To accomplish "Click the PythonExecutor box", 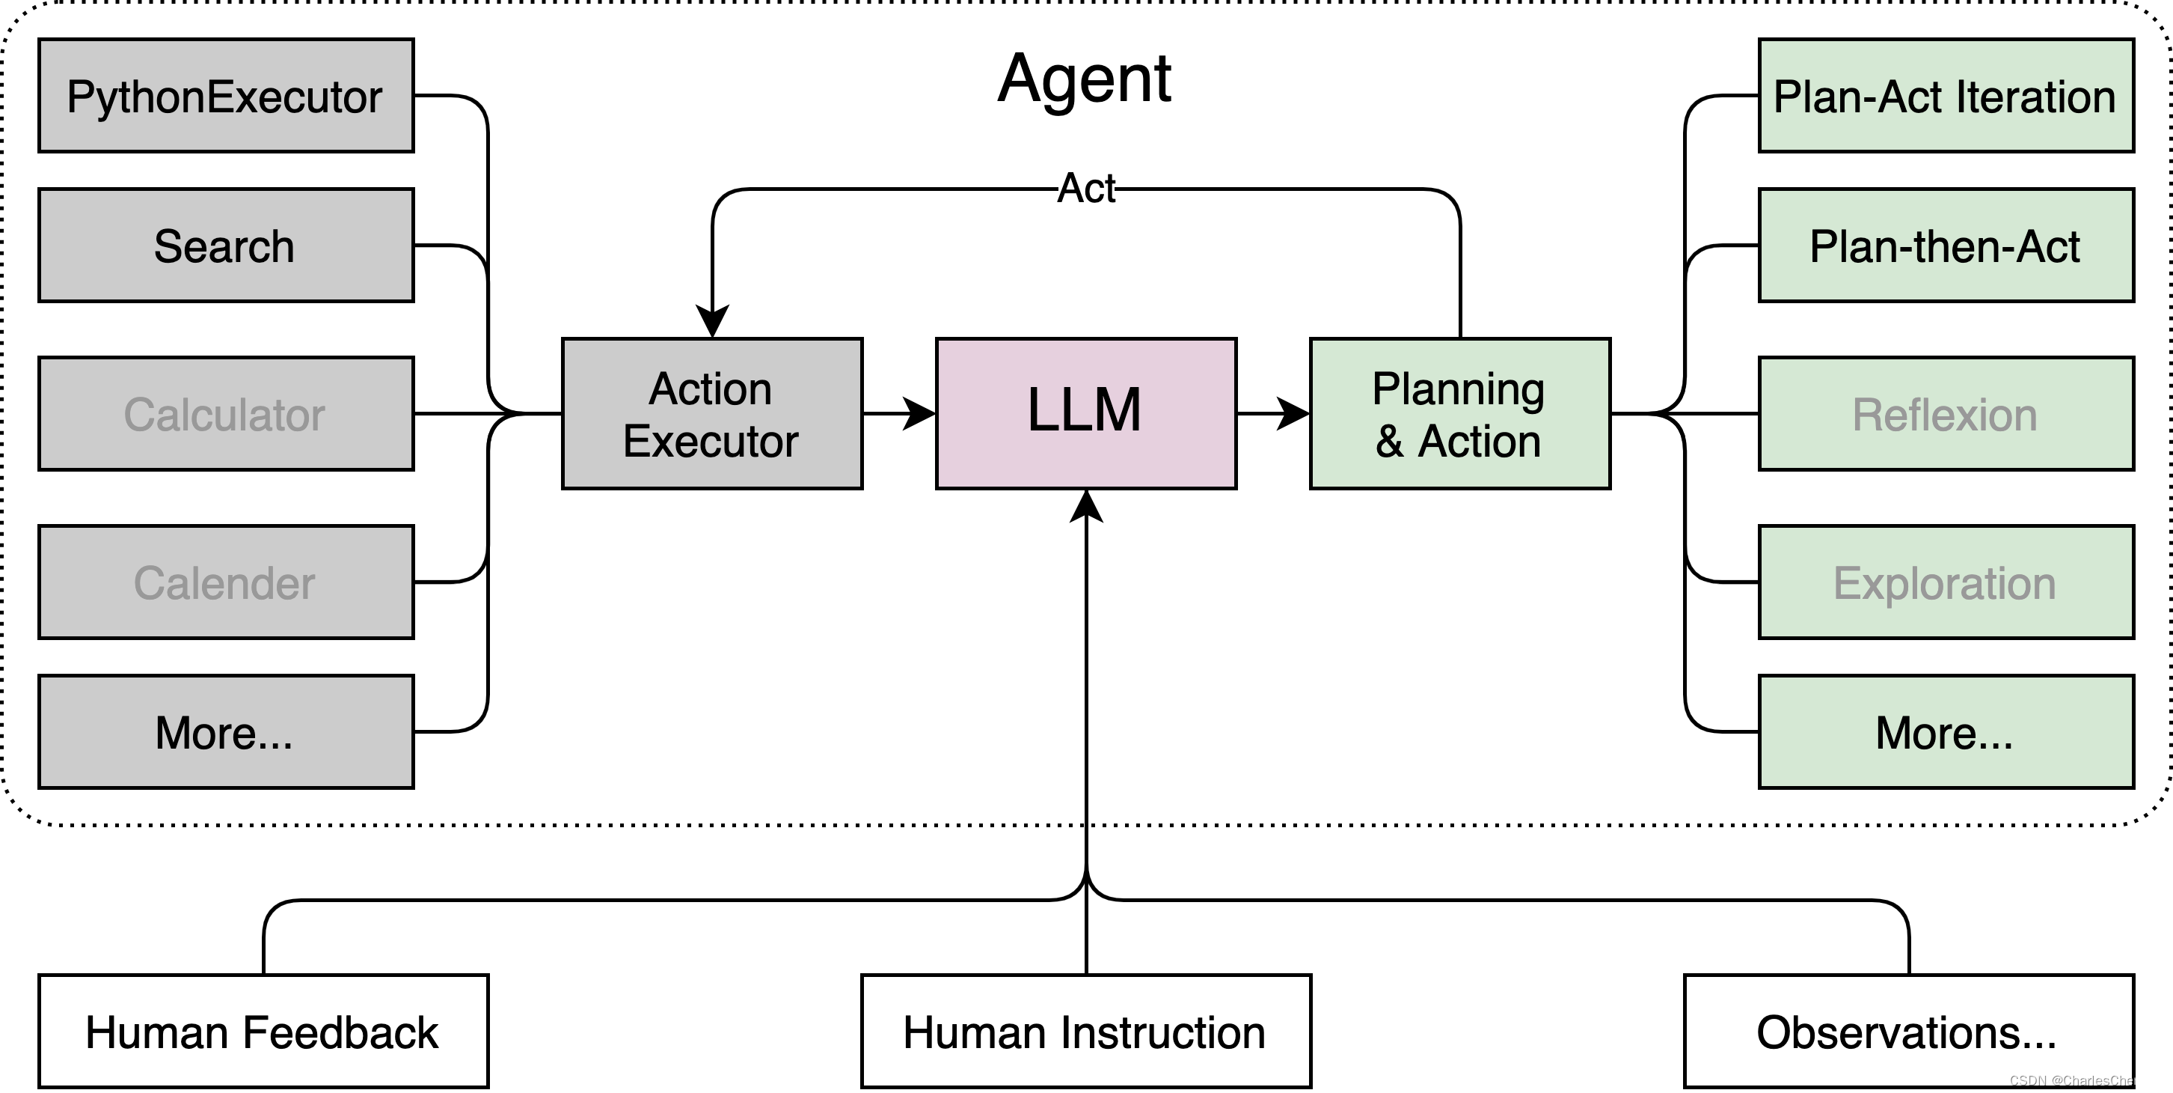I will click(225, 95).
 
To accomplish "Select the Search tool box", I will click(225, 245).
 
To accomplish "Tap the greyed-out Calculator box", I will click(225, 413).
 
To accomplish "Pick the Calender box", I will click(225, 582).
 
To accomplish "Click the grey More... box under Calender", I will click(225, 731).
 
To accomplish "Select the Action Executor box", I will click(712, 413).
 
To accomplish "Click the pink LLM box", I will click(1085, 413).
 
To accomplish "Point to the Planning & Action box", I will click(1459, 413).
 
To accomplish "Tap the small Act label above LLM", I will click(1085, 188).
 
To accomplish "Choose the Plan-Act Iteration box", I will click(1946, 95).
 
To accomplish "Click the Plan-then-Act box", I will click(1946, 245).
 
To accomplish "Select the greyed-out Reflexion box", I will click(1946, 413).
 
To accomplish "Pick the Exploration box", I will click(1946, 582).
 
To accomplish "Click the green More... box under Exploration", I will click(1946, 731).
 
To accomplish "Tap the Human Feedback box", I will click(263, 1032).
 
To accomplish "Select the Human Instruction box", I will click(1085, 1032).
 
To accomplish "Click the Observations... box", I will click(1908, 1032).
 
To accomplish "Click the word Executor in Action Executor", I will click(711, 442).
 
